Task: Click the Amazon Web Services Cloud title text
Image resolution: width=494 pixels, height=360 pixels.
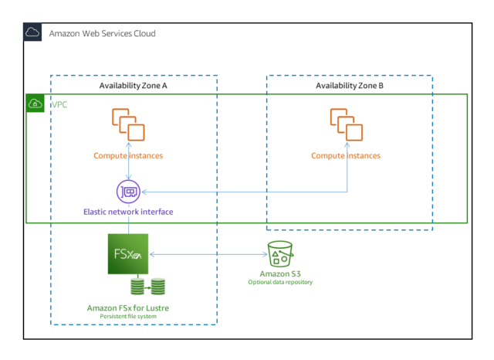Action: (101, 33)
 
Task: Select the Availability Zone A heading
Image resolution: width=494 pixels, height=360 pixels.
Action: (134, 85)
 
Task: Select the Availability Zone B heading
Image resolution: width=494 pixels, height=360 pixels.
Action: (350, 85)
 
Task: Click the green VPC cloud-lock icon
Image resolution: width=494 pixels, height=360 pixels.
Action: (36, 104)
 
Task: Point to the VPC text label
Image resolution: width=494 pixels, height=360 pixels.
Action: (59, 104)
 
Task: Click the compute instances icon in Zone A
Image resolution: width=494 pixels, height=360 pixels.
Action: (128, 125)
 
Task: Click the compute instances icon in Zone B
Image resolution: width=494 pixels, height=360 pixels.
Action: (345, 125)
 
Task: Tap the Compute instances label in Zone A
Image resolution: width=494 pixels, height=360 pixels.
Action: (128, 155)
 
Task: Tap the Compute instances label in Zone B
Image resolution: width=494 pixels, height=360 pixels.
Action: (345, 155)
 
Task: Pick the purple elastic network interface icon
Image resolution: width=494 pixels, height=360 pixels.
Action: (128, 191)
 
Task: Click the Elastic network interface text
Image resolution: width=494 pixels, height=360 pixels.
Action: (128, 210)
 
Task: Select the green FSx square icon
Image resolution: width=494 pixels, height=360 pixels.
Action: (128, 253)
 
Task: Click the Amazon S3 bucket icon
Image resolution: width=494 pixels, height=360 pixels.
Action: (279, 253)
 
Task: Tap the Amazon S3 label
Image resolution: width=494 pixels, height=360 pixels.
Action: (279, 273)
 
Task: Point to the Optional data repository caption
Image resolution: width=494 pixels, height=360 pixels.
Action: (279, 283)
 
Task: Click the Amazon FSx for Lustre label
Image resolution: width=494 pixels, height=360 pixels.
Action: (128, 307)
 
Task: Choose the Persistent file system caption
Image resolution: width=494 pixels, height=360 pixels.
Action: (128, 317)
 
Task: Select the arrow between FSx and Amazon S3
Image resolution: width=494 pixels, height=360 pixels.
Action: (205, 253)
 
